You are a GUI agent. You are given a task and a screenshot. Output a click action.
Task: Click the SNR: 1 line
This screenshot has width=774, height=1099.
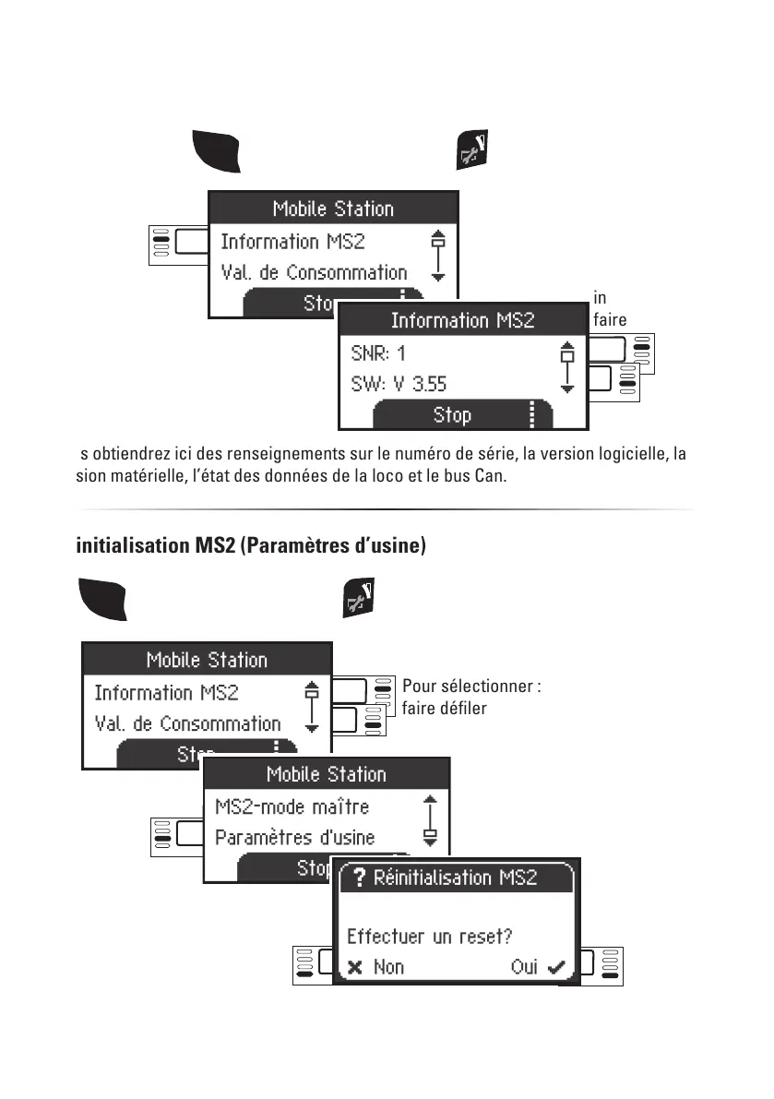tap(378, 352)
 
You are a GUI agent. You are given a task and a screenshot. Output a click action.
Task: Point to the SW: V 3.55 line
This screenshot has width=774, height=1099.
tap(399, 383)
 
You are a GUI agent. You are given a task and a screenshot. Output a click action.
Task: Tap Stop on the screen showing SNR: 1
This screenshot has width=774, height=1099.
tap(452, 415)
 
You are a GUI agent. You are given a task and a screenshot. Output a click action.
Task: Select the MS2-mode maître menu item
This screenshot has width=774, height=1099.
tap(292, 806)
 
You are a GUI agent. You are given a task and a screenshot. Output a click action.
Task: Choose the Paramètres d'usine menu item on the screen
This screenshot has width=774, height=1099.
tap(294, 838)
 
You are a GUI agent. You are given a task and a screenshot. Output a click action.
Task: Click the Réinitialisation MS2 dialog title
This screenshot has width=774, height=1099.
tap(455, 878)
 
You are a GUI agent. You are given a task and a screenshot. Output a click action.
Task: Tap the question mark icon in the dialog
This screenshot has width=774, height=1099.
tap(359, 878)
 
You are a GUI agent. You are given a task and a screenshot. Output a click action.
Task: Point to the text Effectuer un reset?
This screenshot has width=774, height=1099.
tap(429, 937)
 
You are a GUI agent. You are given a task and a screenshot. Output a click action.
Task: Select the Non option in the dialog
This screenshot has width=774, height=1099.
tap(388, 967)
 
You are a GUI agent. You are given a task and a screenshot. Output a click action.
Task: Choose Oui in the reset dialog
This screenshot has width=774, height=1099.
tap(525, 967)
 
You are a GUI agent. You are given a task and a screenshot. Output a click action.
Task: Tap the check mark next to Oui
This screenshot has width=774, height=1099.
tap(555, 967)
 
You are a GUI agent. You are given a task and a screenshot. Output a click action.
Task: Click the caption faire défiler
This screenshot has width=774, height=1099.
tap(444, 709)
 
